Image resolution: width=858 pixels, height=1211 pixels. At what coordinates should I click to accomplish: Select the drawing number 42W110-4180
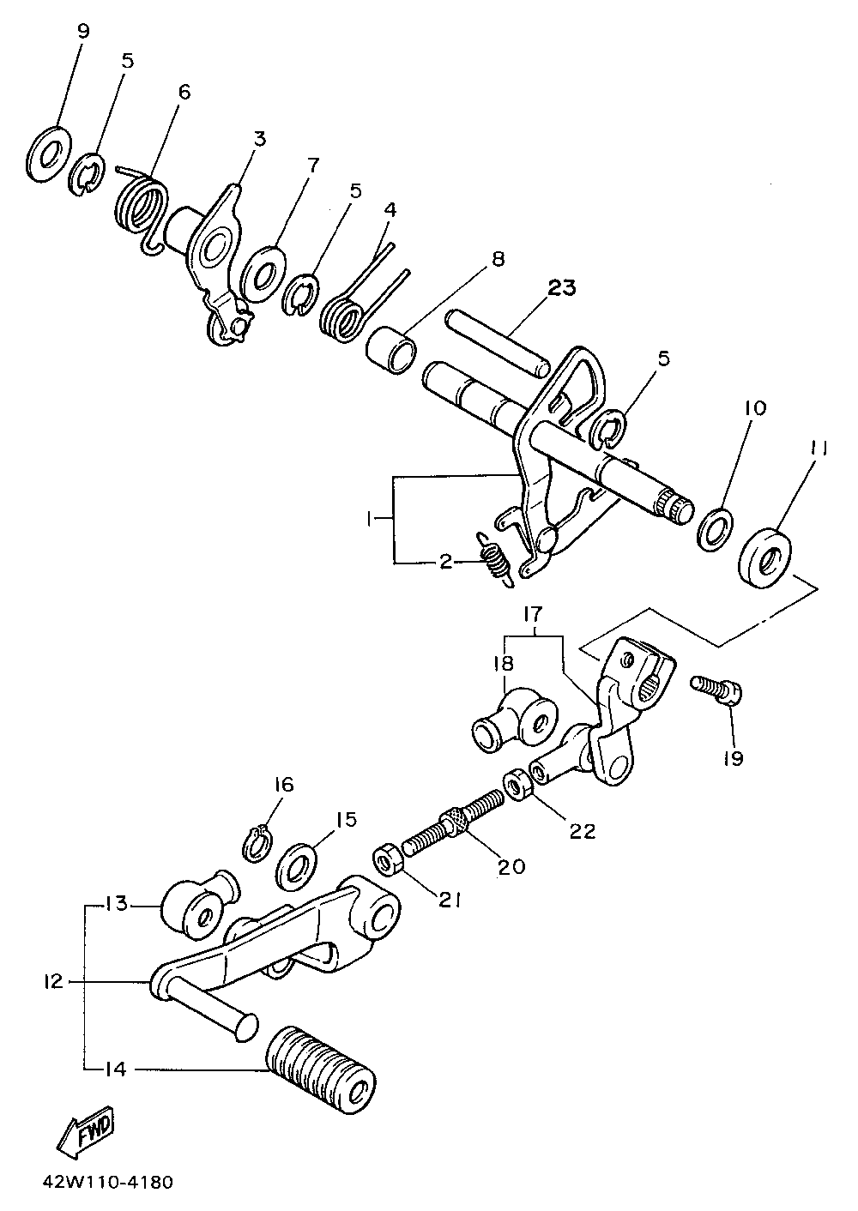coord(106,1183)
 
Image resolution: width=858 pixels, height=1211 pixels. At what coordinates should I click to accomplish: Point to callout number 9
coord(82,32)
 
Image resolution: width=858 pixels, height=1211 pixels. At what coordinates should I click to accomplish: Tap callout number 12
coord(52,981)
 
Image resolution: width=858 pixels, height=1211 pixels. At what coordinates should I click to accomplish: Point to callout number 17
coord(533,614)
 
